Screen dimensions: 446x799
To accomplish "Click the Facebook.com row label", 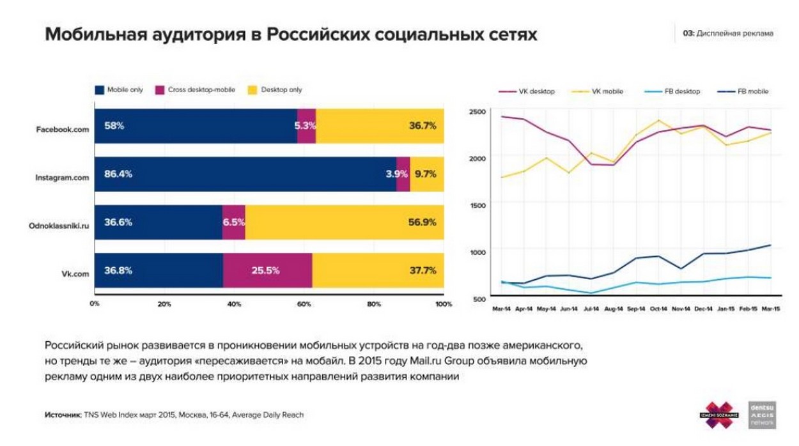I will [62, 128].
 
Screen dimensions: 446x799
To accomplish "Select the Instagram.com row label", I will [62, 178].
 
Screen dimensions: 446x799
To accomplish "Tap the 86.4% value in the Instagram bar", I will [118, 174].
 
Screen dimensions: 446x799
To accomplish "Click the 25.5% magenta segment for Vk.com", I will [265, 270].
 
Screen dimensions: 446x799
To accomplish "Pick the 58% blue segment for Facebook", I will [114, 126].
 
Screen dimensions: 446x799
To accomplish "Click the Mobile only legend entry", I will [119, 90].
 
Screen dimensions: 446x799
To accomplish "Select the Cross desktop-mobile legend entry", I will [195, 90].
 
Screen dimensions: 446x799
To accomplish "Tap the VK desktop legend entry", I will [528, 91].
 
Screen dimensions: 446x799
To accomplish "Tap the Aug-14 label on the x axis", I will [614, 310].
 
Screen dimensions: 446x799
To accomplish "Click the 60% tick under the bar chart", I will [304, 304].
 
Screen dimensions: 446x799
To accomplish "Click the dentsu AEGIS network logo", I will [761, 414].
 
